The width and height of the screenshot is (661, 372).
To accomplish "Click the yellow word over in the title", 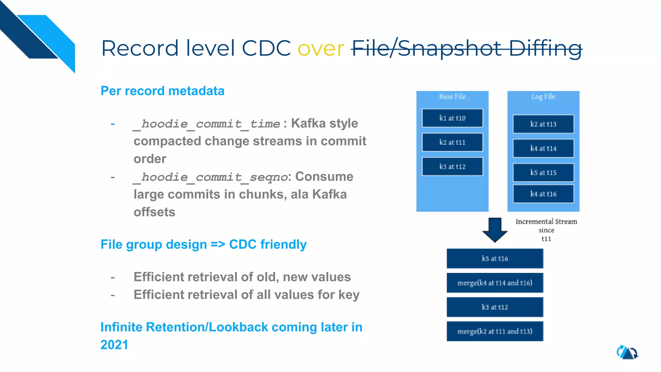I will tap(320, 49).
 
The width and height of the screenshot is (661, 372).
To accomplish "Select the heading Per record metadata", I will tap(162, 91).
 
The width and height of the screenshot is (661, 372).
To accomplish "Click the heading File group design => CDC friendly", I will tap(203, 244).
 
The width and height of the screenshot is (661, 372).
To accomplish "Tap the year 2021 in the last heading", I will tap(114, 345).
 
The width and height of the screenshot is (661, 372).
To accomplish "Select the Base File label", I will tap(452, 97).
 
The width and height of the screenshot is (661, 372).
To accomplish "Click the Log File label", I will tap(543, 97).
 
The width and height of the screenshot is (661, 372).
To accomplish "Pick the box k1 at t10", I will tap(452, 118).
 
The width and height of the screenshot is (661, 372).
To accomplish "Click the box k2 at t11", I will tap(452, 142).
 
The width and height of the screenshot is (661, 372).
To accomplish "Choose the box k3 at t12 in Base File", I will tap(452, 167).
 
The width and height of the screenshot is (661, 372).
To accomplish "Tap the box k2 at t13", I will tap(543, 124).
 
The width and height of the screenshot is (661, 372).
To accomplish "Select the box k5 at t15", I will tap(543, 173).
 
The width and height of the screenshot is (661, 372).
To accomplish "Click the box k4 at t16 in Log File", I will tap(543, 194).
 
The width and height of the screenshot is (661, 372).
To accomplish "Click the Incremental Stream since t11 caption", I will tap(546, 230).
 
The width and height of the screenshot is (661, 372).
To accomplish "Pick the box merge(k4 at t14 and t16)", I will tap(495, 283).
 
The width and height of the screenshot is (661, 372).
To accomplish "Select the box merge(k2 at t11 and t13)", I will tap(495, 331).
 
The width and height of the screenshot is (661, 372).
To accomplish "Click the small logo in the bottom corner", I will tap(627, 352).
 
